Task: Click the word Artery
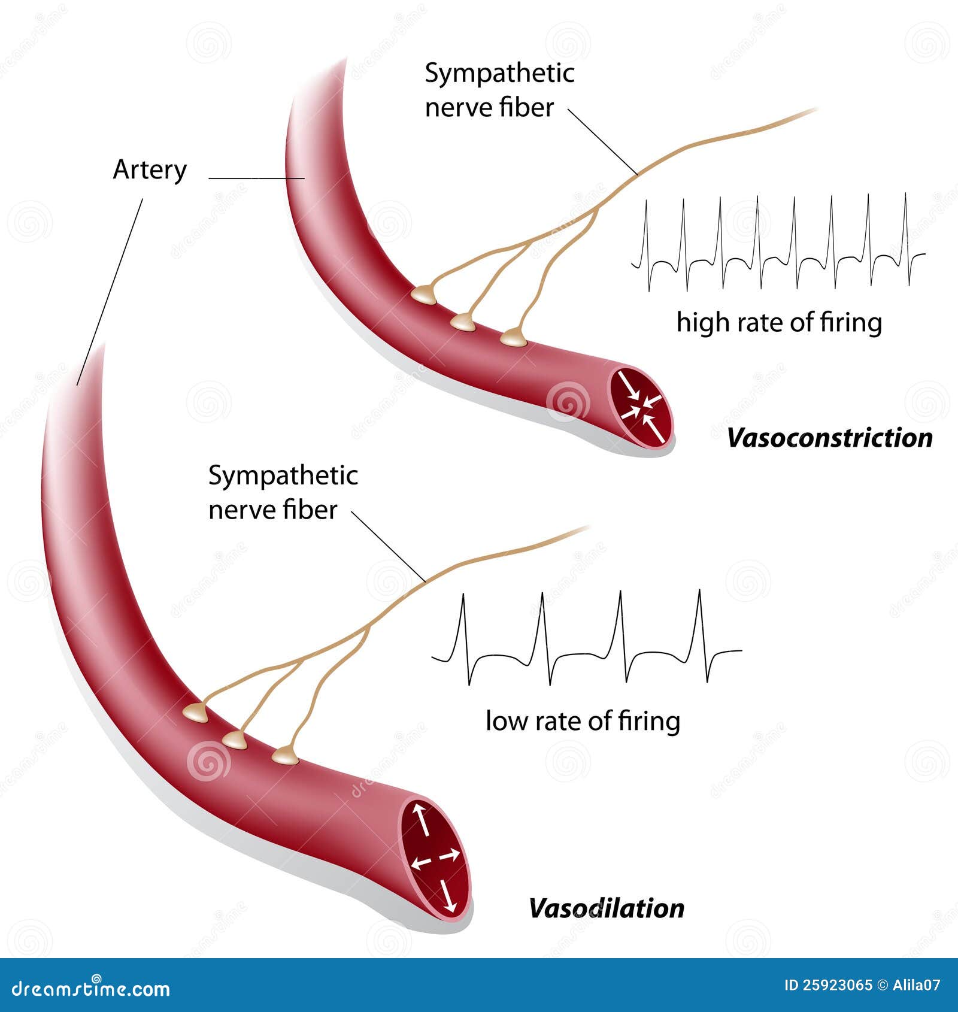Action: point(150,170)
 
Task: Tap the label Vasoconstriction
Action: point(829,438)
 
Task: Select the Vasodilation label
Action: point(606,908)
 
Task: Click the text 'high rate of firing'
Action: point(779,323)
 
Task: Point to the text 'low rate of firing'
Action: point(583,721)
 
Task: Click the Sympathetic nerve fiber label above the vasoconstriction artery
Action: point(499,90)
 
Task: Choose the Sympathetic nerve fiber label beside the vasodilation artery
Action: point(283,493)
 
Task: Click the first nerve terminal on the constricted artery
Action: point(424,295)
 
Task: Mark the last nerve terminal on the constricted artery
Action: point(513,338)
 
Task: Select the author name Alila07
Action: point(917,985)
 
